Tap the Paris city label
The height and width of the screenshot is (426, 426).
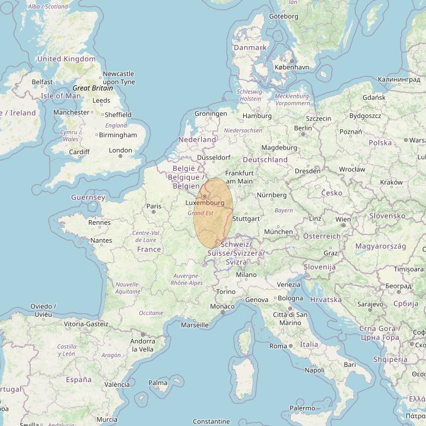tap(154, 206)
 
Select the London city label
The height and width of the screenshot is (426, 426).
tap(120, 150)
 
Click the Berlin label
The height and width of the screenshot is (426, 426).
tap(303, 128)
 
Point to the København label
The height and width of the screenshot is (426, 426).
tap(291, 67)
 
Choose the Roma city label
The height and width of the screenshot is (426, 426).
tap(278, 346)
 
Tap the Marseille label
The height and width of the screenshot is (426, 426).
tap(195, 325)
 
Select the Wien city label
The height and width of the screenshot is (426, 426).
tap(343, 219)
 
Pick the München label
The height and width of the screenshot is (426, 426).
tap(278, 231)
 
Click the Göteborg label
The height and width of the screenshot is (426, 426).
tap(284, 16)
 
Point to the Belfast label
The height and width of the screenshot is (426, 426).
tap(42, 82)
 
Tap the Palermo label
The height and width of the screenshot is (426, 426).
tap(302, 408)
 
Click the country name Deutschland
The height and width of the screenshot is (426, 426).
tap(265, 160)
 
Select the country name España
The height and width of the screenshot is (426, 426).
tap(78, 379)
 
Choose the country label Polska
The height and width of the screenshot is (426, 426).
tap(380, 142)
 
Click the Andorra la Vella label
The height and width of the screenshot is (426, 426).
tap(142, 345)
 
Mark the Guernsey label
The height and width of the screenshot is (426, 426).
tap(88, 197)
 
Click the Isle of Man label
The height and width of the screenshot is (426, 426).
tap(61, 96)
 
